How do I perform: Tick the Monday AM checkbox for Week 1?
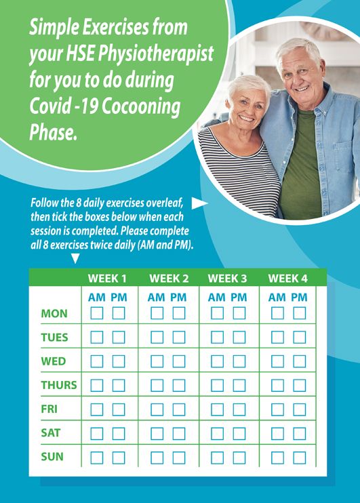tap(96, 313)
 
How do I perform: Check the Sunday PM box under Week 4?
tap(300, 458)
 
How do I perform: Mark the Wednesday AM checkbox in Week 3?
tap(217, 361)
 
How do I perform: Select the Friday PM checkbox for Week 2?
tap(179, 409)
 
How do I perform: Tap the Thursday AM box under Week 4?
tap(277, 385)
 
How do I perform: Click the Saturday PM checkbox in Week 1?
tap(119, 433)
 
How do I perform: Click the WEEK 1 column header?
tap(107, 279)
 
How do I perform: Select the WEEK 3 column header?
tap(228, 279)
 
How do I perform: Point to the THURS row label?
tap(59, 385)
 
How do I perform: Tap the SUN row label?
tap(52, 456)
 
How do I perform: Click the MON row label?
tap(54, 313)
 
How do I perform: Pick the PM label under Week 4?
tap(299, 298)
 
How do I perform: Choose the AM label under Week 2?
tap(156, 298)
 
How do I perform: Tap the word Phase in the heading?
tap(54, 132)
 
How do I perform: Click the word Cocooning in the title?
tap(141, 106)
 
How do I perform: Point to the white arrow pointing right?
tap(199, 203)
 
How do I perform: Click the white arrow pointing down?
tap(75, 258)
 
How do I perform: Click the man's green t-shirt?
tap(300, 167)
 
